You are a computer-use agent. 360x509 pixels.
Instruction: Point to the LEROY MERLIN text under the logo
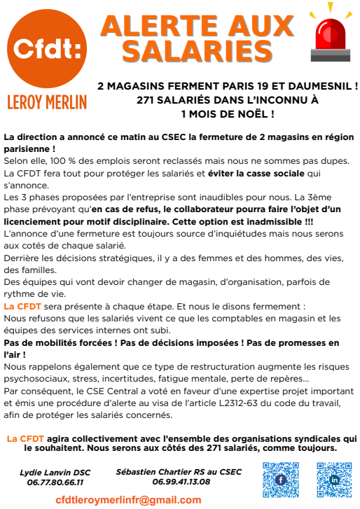[47, 102]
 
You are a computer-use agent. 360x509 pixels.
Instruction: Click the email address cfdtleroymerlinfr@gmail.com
[128, 499]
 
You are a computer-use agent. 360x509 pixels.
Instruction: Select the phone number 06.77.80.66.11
[55, 482]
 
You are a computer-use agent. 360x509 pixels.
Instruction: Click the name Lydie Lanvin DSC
[55, 473]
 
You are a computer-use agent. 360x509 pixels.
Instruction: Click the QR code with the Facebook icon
[280, 480]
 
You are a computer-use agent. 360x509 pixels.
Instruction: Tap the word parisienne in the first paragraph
[26, 149]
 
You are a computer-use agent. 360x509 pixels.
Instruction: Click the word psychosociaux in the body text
[36, 379]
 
